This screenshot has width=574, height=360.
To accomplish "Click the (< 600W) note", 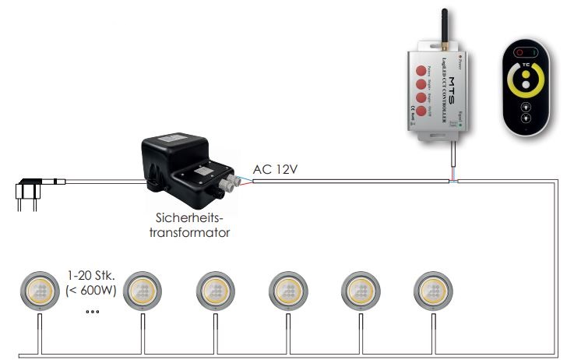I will pos(92,290).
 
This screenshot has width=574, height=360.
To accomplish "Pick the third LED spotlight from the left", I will pos(213,290).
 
